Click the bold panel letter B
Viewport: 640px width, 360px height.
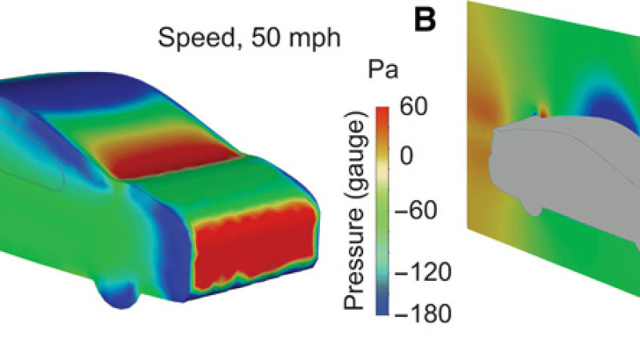click(x=427, y=20)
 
